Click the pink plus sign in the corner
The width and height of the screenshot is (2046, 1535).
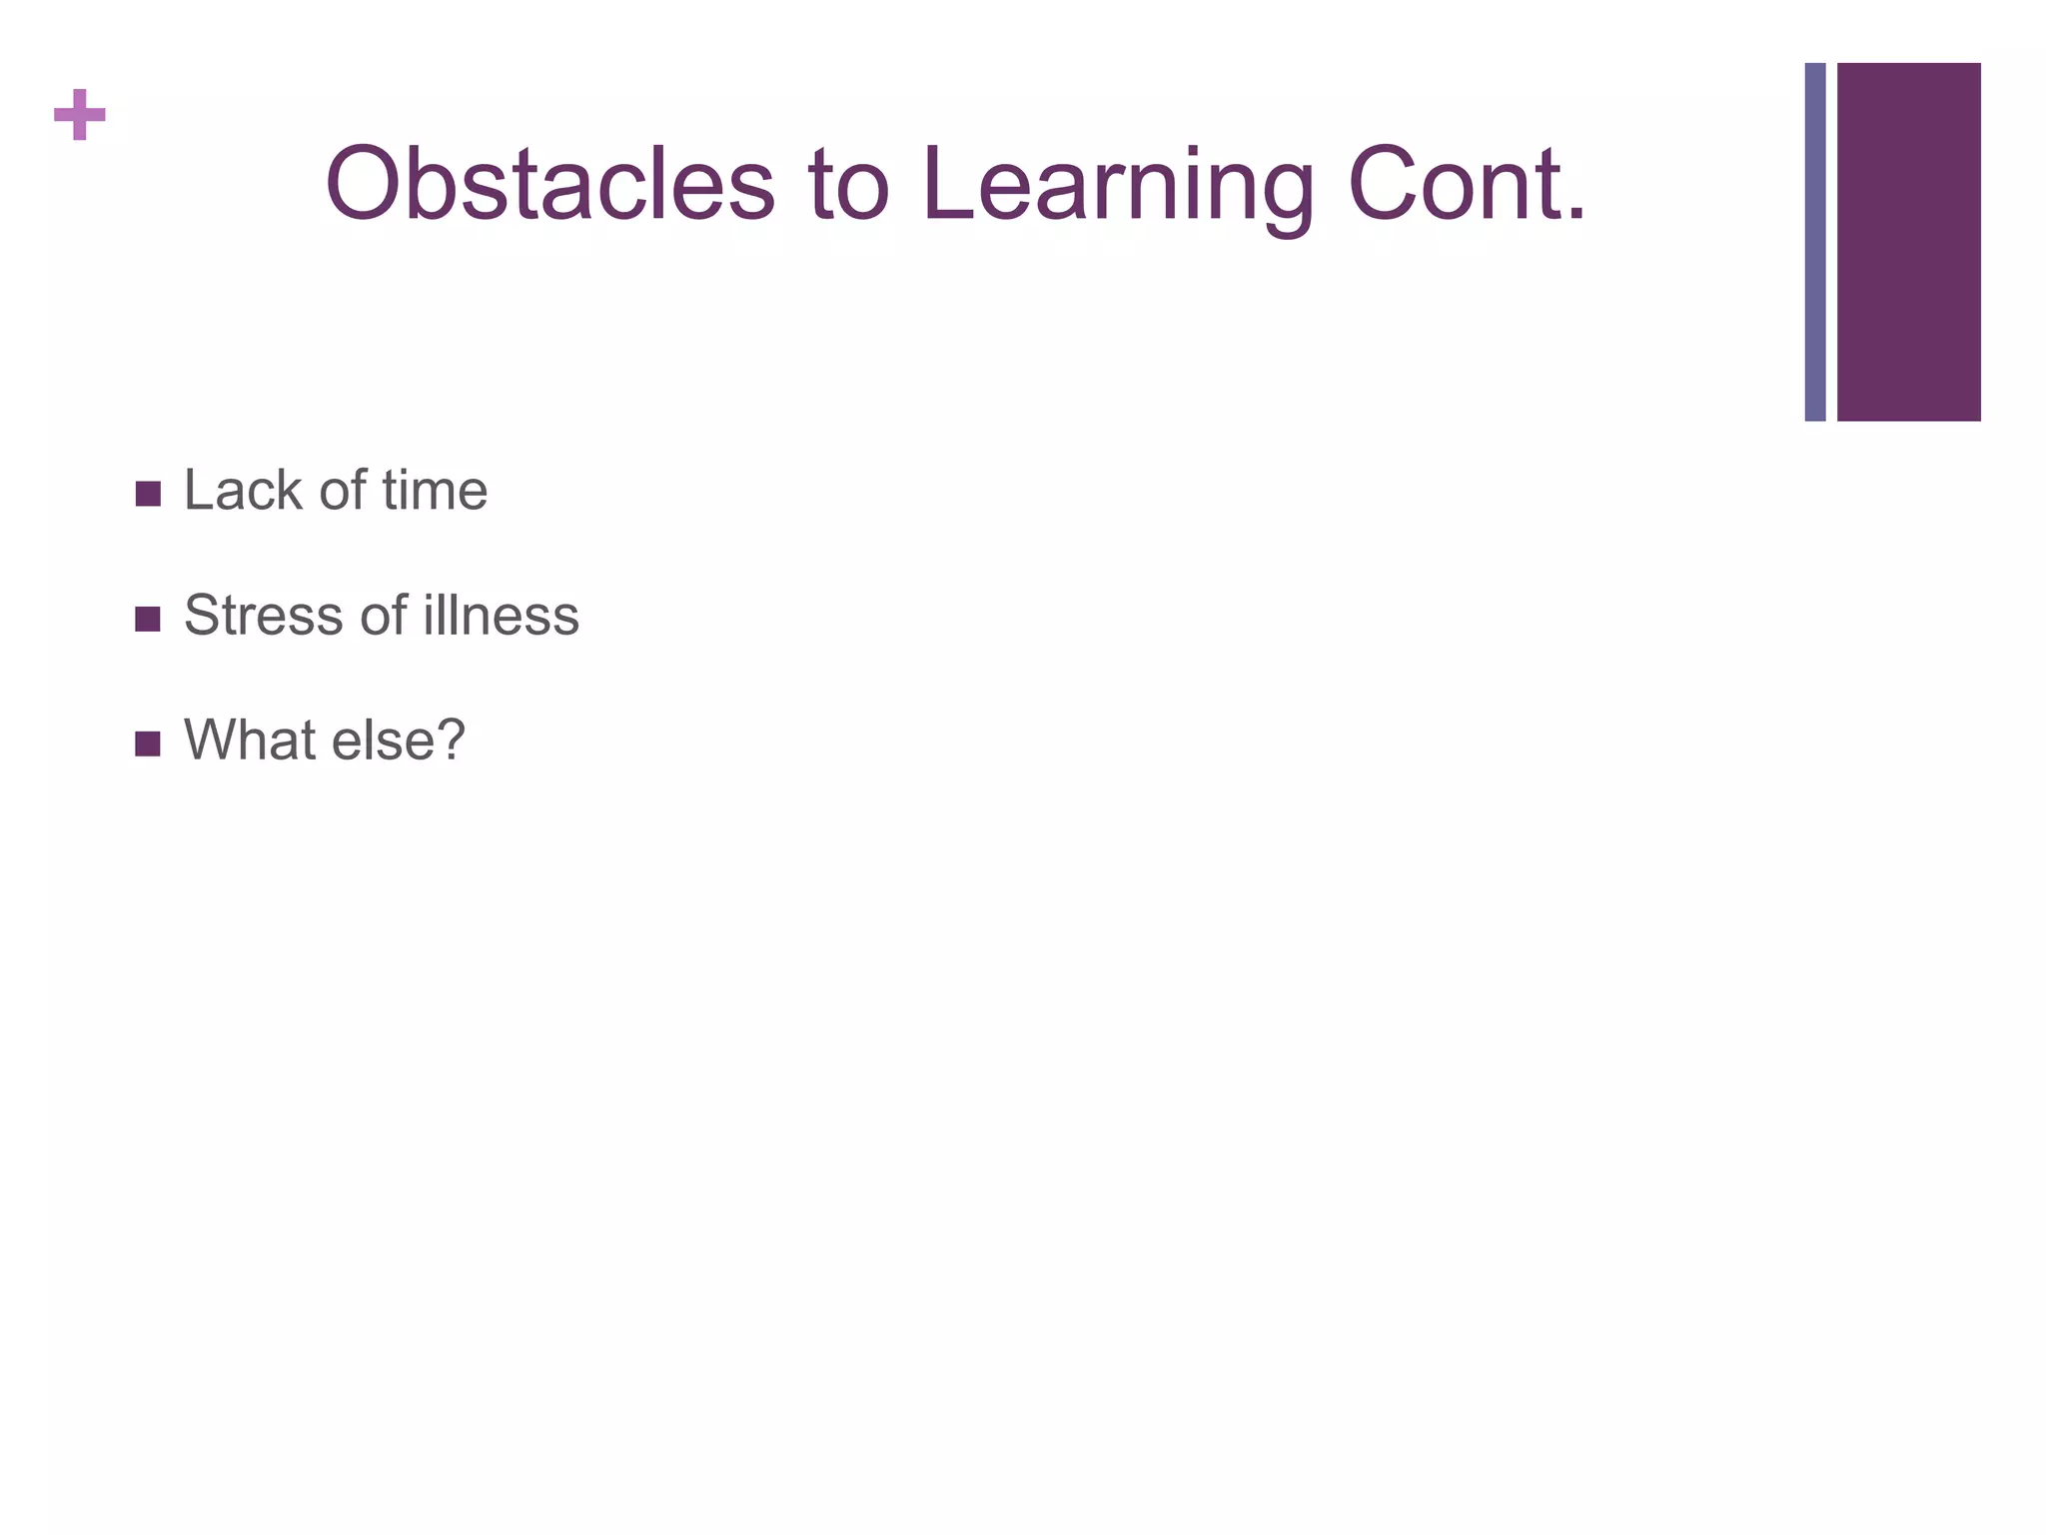tap(80, 115)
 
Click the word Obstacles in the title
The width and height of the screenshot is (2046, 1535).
tap(549, 186)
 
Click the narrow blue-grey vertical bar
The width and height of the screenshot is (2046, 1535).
tap(1815, 242)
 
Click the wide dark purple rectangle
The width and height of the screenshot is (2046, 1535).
tap(1908, 242)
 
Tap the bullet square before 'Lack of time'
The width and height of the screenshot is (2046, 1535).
tap(148, 494)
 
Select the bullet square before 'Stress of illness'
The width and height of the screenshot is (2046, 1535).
tap(148, 619)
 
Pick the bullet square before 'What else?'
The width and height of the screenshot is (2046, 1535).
tap(148, 744)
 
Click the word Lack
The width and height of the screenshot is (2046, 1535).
tap(243, 491)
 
